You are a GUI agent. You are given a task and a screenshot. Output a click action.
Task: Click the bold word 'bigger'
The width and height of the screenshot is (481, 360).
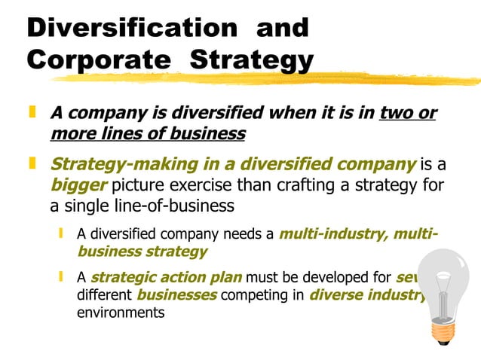(x=76, y=185)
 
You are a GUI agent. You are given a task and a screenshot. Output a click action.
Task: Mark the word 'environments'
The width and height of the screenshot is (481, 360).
(x=121, y=312)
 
